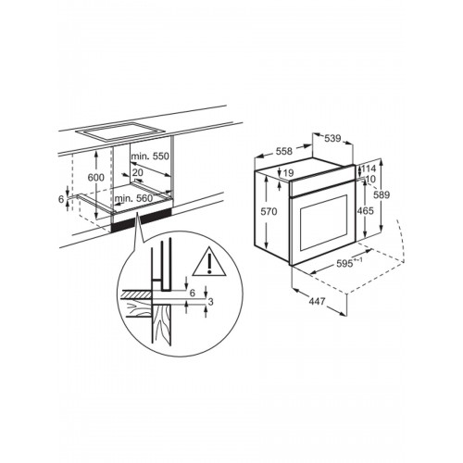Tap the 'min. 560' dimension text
pos(132,198)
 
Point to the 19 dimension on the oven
pos(289,172)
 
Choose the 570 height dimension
pos(267,211)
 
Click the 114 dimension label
pos(369,169)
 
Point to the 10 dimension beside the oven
pos(369,179)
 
